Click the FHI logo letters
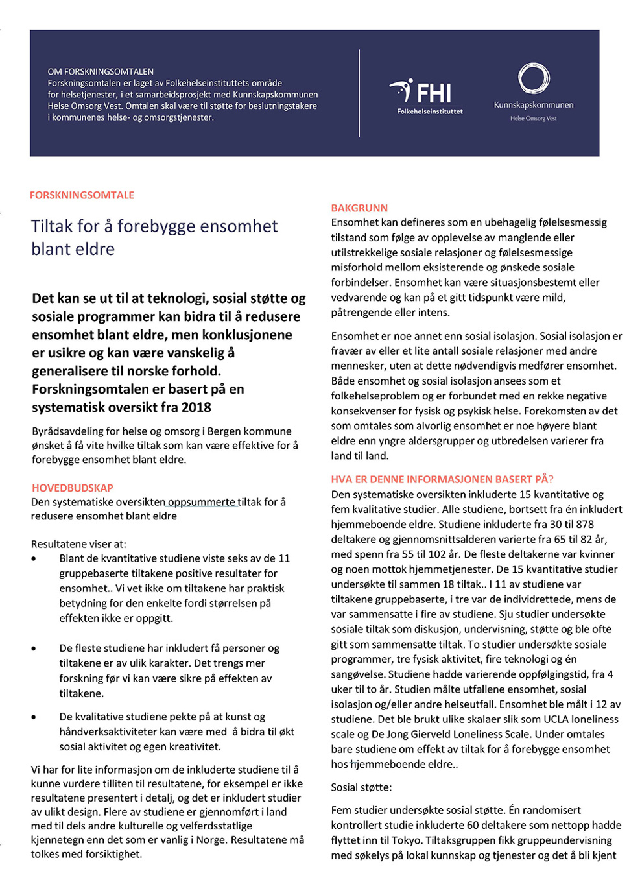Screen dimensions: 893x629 (x=433, y=93)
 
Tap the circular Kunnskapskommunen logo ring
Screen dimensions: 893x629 (x=534, y=78)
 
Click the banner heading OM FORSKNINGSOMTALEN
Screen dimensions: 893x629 (x=101, y=71)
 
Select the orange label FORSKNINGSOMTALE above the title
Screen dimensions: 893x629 (x=82, y=195)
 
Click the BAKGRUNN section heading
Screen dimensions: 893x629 (x=359, y=208)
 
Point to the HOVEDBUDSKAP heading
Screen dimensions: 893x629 (x=72, y=488)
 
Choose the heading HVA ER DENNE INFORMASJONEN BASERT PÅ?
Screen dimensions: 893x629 (x=442, y=479)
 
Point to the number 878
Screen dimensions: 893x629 (x=584, y=524)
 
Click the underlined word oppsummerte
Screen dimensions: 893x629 (x=202, y=502)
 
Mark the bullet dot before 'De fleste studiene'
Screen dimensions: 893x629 (x=34, y=649)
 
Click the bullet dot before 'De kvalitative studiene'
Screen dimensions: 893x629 (x=34, y=717)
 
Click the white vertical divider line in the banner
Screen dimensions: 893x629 (x=359, y=93)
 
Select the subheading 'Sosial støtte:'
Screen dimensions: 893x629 (x=361, y=787)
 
